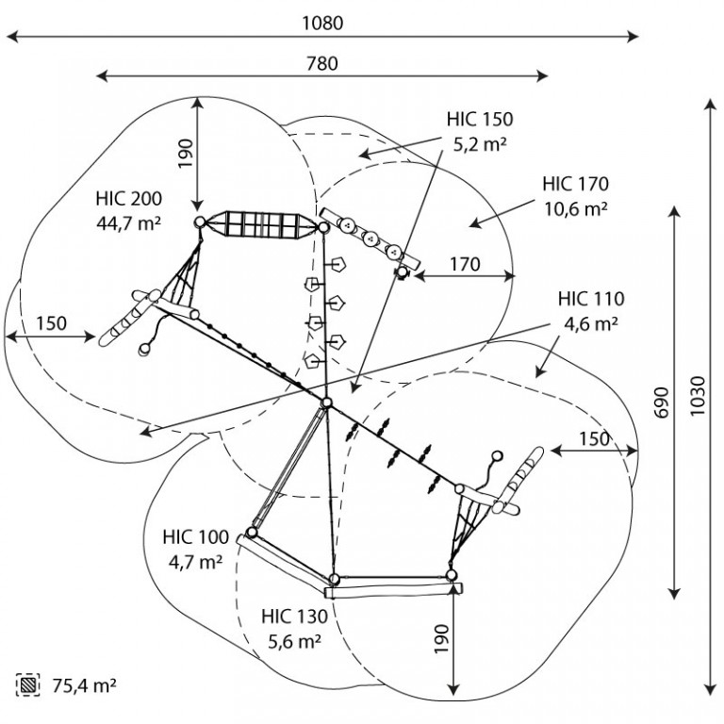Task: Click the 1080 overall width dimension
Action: pos(322,23)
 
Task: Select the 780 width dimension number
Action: pos(322,63)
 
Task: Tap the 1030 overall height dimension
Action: pos(698,396)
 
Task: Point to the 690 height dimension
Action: pos(662,403)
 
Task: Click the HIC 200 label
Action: pos(129,199)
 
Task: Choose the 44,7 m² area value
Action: pos(129,223)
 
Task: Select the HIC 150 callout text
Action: pos(480,119)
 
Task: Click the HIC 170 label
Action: pos(576,184)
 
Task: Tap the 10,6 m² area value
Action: pos(576,209)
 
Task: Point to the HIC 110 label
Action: pos(591,299)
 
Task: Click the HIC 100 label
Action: pos(196,537)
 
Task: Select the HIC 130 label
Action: pos(294,617)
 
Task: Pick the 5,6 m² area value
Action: pos(294,641)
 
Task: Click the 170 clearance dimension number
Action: pos(465,264)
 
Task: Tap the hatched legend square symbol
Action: pos(27,684)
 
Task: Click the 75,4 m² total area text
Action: pos(84,685)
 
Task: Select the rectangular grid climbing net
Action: pos(261,225)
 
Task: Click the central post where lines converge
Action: pos(327,403)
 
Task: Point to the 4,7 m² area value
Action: pos(196,562)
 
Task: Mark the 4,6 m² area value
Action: pos(591,323)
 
